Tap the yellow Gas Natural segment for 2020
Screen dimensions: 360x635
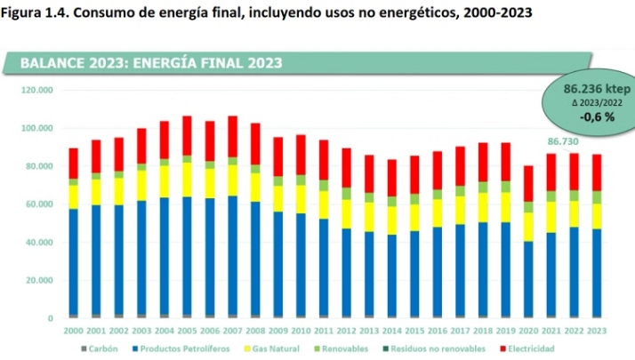pos(529,226)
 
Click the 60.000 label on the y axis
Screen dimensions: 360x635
pos(39,204)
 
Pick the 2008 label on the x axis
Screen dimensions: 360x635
pos(255,331)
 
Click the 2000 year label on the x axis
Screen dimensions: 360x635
pos(73,331)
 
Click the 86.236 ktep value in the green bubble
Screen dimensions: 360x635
pos(597,89)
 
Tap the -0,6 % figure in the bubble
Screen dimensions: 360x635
pos(597,116)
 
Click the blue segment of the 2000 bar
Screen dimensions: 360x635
pos(73,261)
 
